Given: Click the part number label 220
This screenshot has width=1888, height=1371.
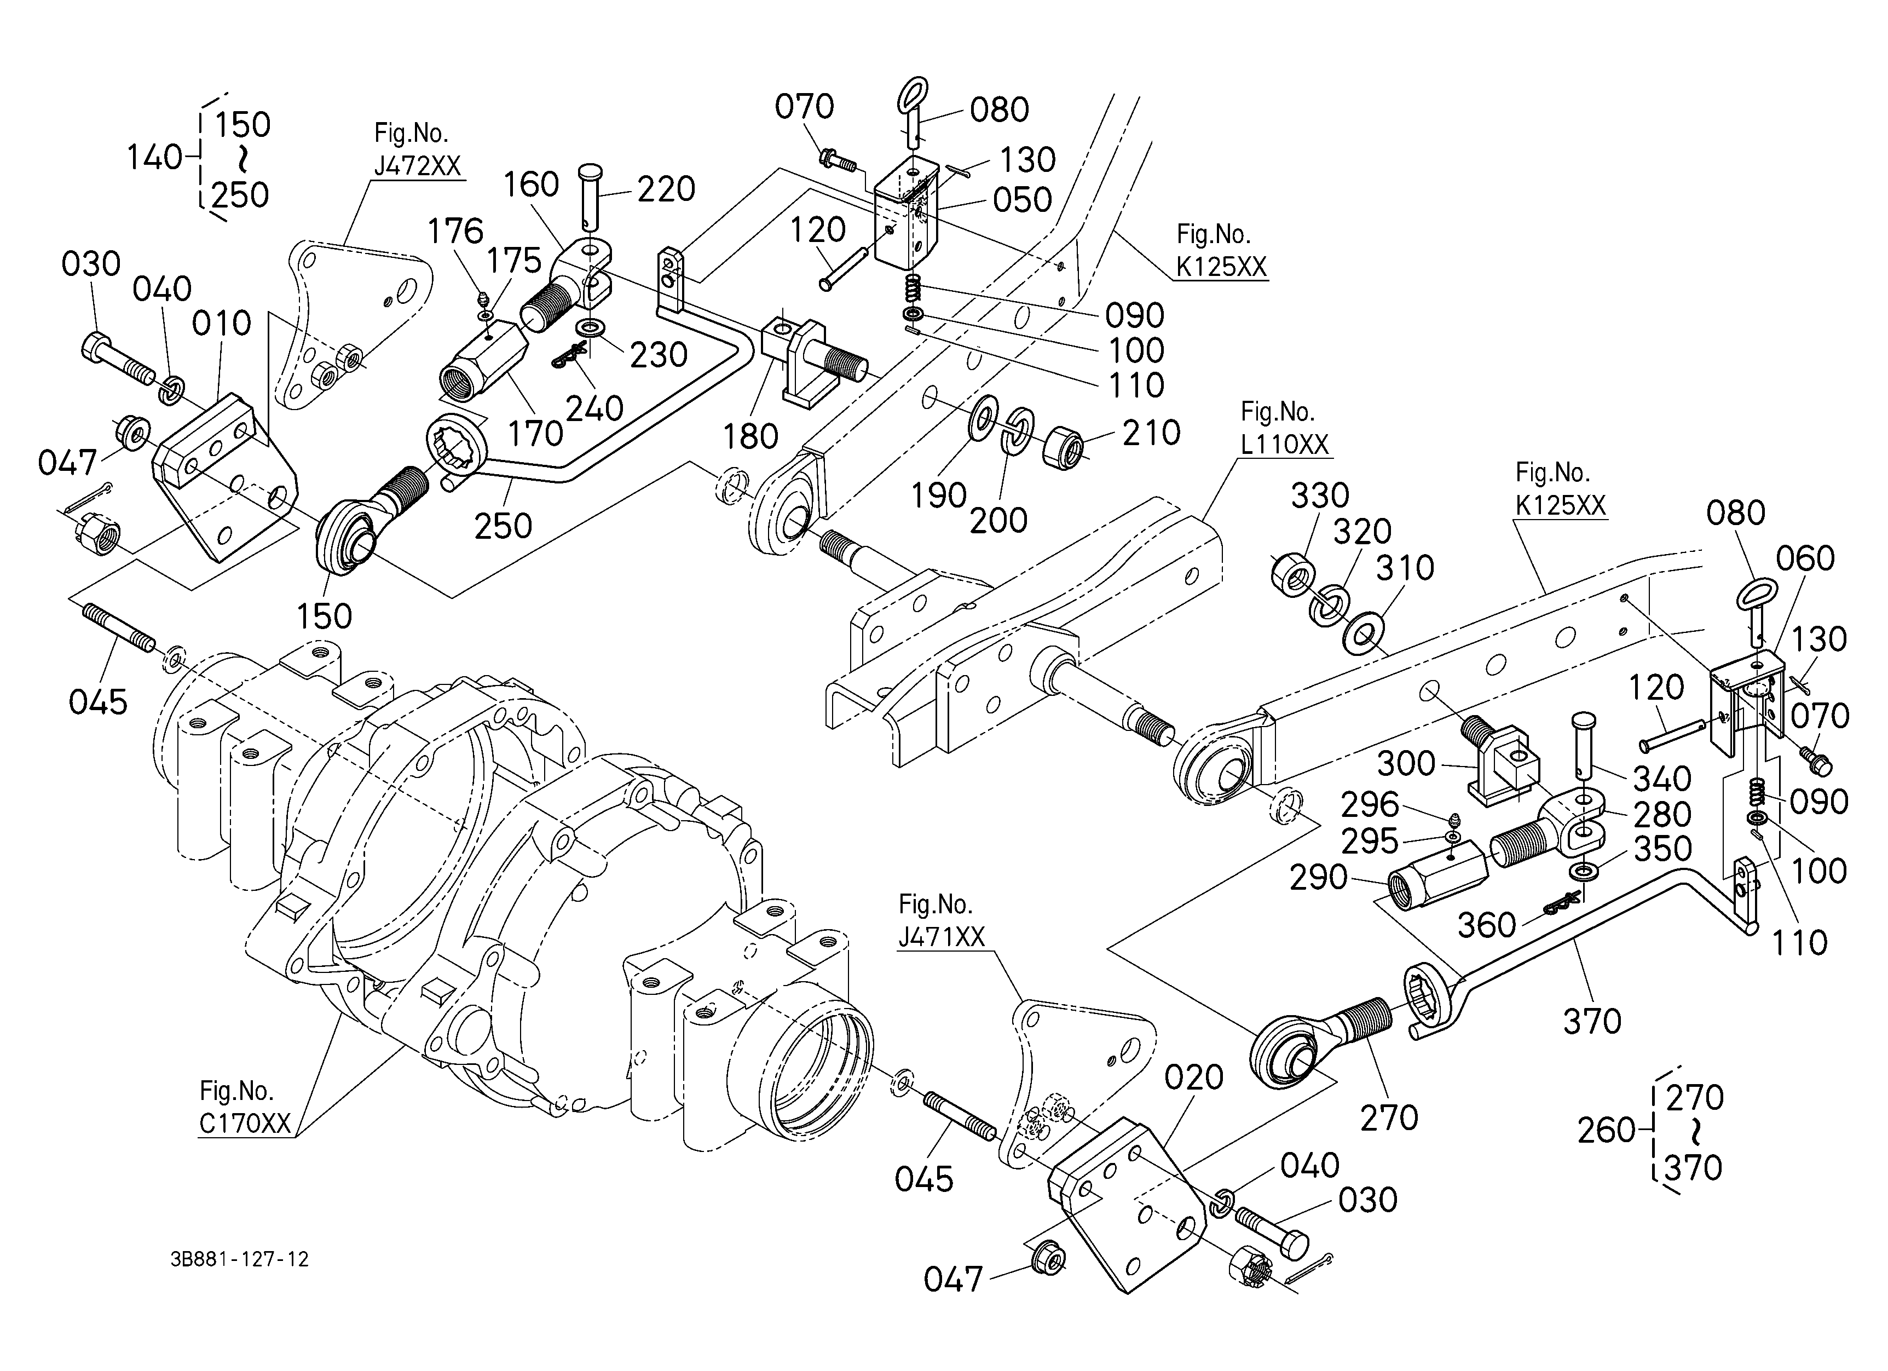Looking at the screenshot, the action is point(666,190).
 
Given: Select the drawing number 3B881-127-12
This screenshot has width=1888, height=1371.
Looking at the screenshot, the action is point(240,1259).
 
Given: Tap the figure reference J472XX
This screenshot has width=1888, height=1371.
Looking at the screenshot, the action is point(417,166).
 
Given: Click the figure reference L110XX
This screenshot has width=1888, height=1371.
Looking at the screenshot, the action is point(1284,443).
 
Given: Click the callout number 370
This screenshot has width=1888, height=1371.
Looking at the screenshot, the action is point(1592,1021).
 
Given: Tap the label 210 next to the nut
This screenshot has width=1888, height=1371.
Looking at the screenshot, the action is point(1151,433).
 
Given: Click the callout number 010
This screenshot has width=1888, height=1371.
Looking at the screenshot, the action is point(222,323).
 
